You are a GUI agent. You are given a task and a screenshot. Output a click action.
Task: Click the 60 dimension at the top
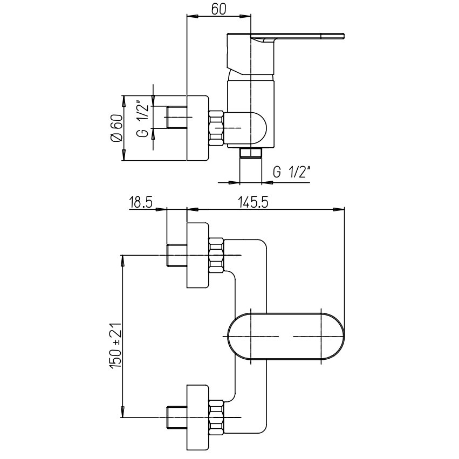pos(218,9)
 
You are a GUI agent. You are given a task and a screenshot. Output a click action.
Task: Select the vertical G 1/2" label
pos(143,119)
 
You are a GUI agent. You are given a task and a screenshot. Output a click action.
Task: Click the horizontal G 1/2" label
pos(292,172)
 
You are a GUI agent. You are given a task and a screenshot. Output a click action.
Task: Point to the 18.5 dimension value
pos(141,203)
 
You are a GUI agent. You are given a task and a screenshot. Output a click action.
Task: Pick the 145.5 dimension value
pos(253,203)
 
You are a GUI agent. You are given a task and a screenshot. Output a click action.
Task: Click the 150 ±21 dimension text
pos(116,346)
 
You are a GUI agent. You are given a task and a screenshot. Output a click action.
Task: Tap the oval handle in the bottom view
pos(286,336)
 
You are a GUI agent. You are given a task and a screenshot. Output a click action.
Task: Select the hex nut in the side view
pos(216,128)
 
